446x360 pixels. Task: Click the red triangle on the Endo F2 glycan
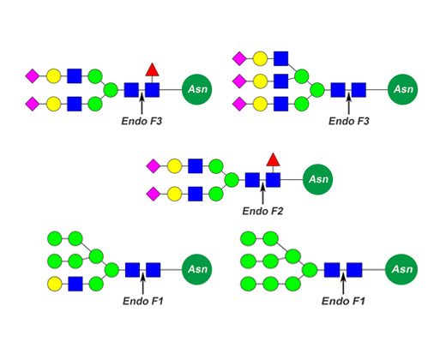point(273,160)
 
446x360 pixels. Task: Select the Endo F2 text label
point(262,211)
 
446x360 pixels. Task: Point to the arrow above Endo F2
point(262,194)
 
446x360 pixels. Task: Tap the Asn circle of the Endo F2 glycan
point(317,179)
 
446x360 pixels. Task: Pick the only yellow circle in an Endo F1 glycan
point(54,284)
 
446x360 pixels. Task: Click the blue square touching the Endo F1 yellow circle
point(75,284)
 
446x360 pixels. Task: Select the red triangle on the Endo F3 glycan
point(152,70)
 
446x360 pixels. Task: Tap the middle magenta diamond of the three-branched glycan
point(239,81)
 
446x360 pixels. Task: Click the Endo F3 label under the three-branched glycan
point(349,121)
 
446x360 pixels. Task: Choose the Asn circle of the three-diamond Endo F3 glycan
point(403,89)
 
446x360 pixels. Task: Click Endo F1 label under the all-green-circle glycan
point(343,301)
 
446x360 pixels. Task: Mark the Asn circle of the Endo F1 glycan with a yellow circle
point(196,269)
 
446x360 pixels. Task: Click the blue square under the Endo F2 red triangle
point(273,180)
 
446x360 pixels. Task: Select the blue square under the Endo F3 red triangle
point(152,90)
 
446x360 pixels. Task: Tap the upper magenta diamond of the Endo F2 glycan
point(154,166)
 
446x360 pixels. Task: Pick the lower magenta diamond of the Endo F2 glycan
point(154,194)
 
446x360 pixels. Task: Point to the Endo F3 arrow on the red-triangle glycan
point(142,104)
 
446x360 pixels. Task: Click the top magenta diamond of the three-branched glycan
point(239,59)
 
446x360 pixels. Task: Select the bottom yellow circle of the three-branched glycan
point(260,104)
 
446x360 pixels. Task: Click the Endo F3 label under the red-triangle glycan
point(142,121)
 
